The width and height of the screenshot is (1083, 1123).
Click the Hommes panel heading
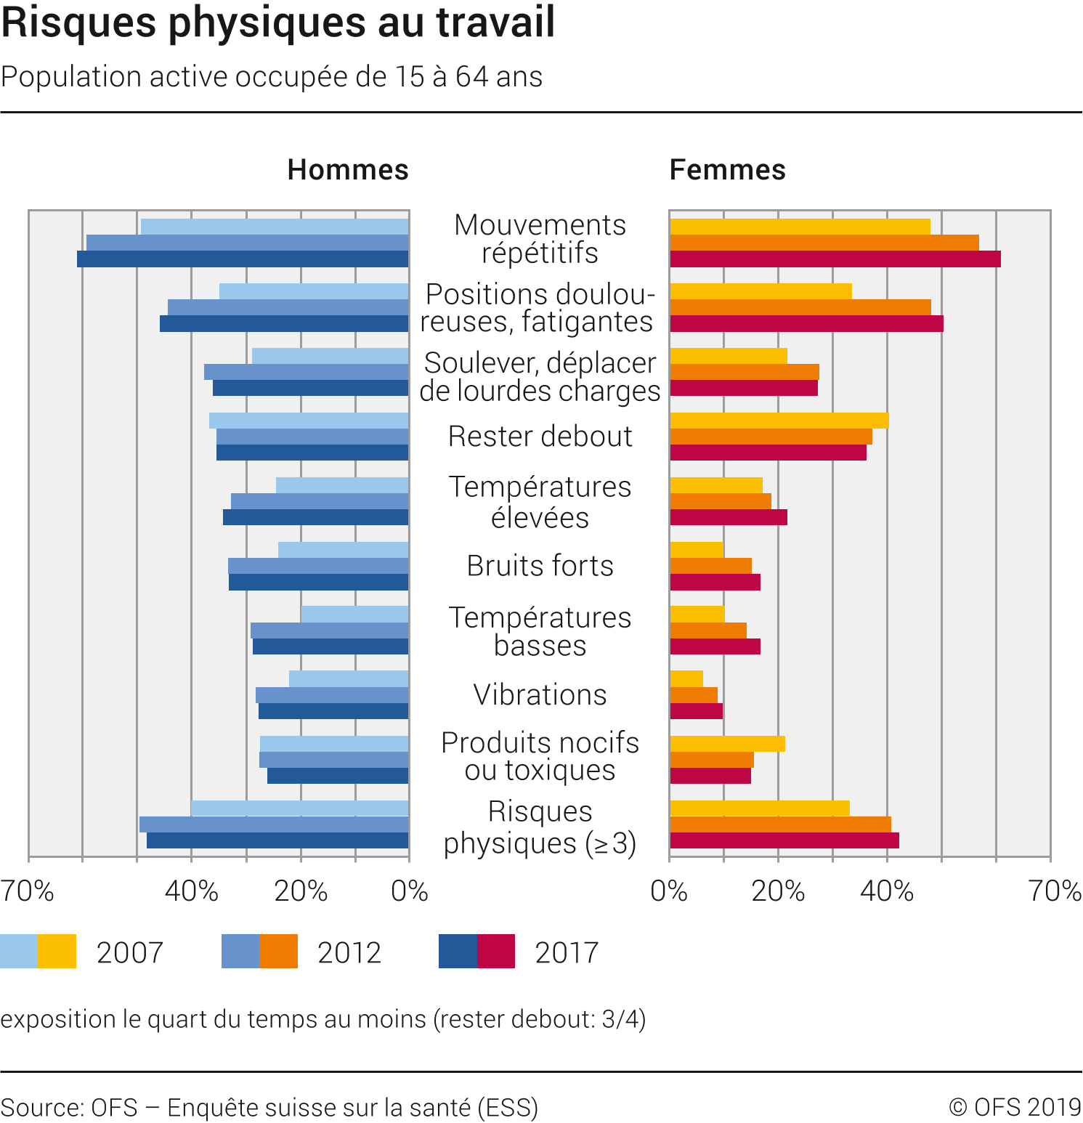[x=348, y=170]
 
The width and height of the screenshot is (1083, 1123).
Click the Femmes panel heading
[x=727, y=170]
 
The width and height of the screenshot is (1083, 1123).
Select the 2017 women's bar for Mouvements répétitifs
[x=835, y=259]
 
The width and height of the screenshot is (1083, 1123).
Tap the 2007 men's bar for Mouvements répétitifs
[x=275, y=227]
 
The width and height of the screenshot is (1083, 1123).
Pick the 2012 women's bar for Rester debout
[x=771, y=437]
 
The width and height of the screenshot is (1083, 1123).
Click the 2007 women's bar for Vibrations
[x=686, y=679]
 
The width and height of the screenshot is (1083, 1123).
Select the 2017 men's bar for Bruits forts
[x=318, y=583]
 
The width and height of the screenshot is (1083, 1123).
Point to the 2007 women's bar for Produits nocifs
[x=727, y=744]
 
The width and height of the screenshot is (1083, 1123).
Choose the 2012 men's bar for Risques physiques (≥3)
[x=274, y=824]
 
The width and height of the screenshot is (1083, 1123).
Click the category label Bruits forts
[x=540, y=566]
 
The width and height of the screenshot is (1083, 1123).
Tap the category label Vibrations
[x=540, y=695]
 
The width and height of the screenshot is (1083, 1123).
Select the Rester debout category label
[x=540, y=437]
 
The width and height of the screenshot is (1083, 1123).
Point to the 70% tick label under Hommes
[x=28, y=891]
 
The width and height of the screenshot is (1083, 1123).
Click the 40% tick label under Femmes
[x=887, y=891]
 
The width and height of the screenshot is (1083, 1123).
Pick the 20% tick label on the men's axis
[x=301, y=891]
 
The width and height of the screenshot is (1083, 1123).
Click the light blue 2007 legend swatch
[x=19, y=952]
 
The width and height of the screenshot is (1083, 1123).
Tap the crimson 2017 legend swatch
[x=496, y=952]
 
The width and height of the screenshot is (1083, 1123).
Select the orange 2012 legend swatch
[x=279, y=952]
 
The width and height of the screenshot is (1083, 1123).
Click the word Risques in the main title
[x=78, y=22]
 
